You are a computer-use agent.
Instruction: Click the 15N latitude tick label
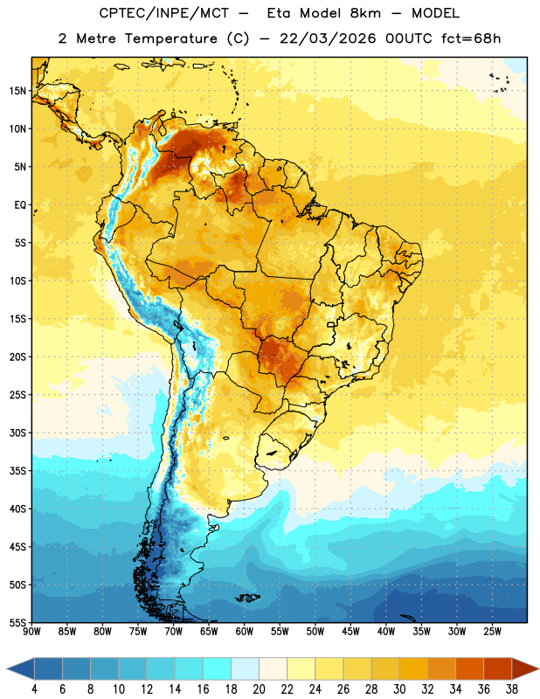click(17, 91)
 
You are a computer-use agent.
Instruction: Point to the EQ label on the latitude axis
click(20, 205)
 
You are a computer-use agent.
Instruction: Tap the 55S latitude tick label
click(17, 622)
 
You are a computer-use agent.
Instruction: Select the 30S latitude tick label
click(17, 433)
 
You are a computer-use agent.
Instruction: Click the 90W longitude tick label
click(31, 631)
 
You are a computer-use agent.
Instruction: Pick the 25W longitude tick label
click(492, 631)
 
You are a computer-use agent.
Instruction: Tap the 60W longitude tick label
click(245, 631)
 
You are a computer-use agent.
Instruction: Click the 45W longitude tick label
click(350, 631)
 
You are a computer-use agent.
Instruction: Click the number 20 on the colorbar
click(259, 689)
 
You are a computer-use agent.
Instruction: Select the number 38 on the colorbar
click(512, 689)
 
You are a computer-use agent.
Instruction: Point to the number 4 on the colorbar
click(34, 689)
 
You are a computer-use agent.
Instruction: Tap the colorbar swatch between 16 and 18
click(218, 668)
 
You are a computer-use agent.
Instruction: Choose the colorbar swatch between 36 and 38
click(498, 668)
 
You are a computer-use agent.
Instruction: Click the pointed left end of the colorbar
click(7, 668)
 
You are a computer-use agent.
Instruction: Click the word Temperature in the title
click(170, 38)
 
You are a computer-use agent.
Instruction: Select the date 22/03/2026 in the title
click(328, 38)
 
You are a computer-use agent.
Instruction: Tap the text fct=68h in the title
click(471, 38)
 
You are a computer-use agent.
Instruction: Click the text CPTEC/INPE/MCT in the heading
click(164, 13)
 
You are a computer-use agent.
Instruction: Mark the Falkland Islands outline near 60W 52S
click(247, 598)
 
